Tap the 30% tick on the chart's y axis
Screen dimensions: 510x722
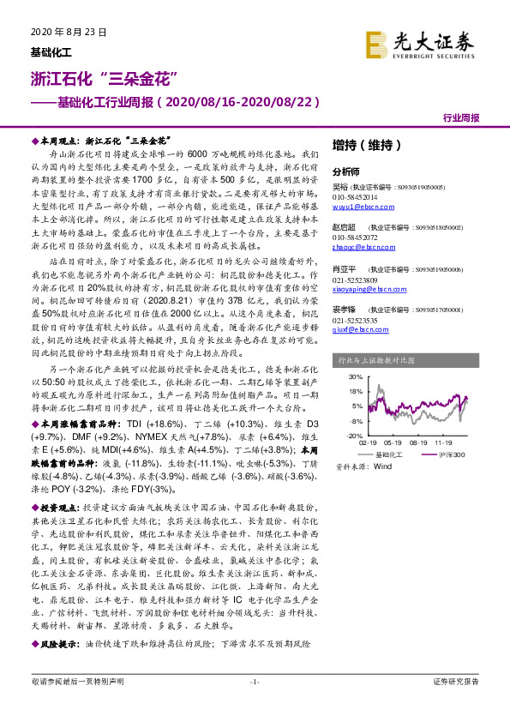(x=354, y=376)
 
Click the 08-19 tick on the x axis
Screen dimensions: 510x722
(x=419, y=443)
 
